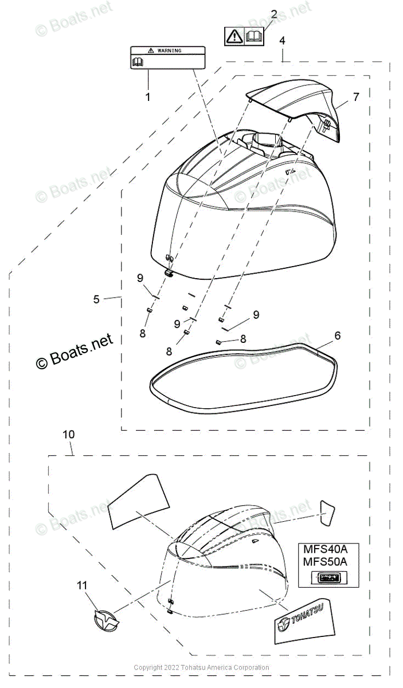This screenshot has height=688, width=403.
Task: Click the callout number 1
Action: pos(147,97)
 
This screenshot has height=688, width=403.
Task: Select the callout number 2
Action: pos(274,14)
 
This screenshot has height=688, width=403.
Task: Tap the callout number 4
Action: pos(282,41)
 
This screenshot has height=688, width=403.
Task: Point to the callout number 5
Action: pos(96,299)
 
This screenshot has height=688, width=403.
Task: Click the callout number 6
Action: pos(337,335)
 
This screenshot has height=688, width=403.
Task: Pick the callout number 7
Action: pos(356,97)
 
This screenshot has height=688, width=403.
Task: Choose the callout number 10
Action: pos(68,435)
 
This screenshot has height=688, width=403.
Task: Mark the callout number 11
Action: pos(83,585)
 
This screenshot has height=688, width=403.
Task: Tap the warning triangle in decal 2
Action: pos(235,37)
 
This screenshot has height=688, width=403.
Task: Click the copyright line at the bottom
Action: pos(201,667)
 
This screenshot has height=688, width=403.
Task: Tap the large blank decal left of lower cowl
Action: pos(138,501)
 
